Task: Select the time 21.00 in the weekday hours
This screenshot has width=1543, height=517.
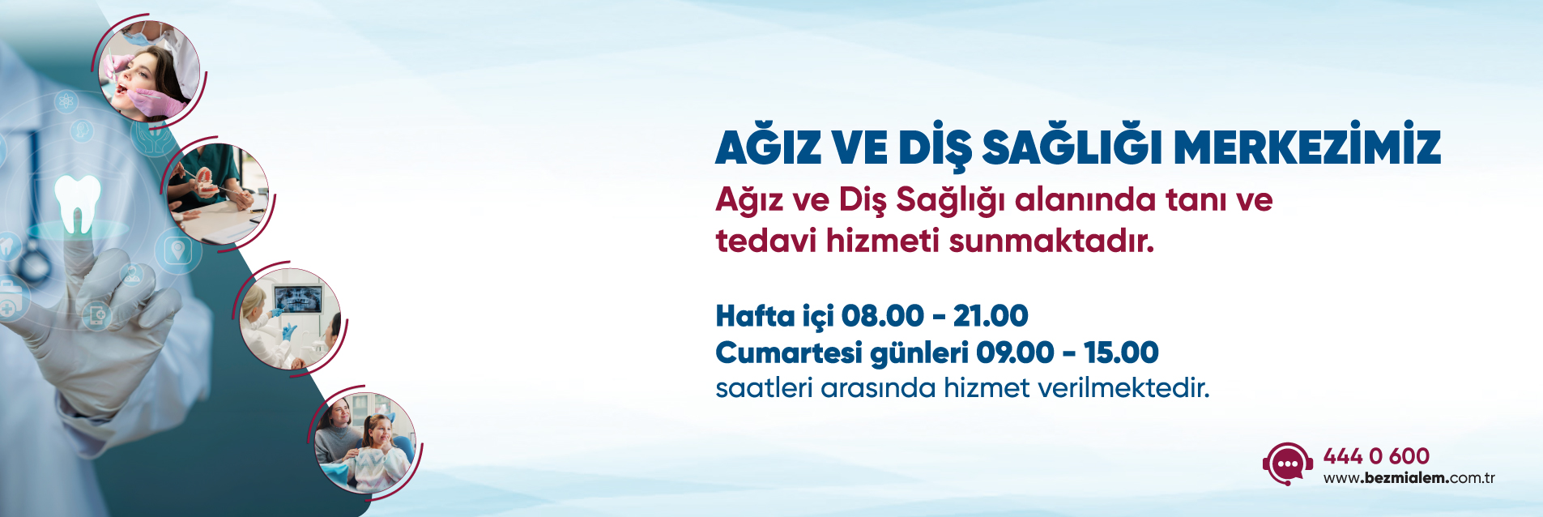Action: point(991,315)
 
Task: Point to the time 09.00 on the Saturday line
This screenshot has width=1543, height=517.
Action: point(1015,352)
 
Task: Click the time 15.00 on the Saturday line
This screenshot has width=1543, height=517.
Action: point(1121,352)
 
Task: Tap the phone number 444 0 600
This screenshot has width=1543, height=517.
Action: point(1376,456)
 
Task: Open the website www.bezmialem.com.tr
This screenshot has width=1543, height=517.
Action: point(1409,478)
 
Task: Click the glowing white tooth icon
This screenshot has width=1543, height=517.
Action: point(78,203)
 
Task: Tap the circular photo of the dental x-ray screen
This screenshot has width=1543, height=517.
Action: point(290,318)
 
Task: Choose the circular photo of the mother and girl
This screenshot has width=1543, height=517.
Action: point(364,442)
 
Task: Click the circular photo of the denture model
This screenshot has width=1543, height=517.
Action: point(218,194)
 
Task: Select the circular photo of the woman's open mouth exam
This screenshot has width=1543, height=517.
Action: point(149,71)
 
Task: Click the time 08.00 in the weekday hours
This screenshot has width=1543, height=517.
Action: point(882,315)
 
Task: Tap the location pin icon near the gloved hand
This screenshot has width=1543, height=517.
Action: point(178,250)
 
